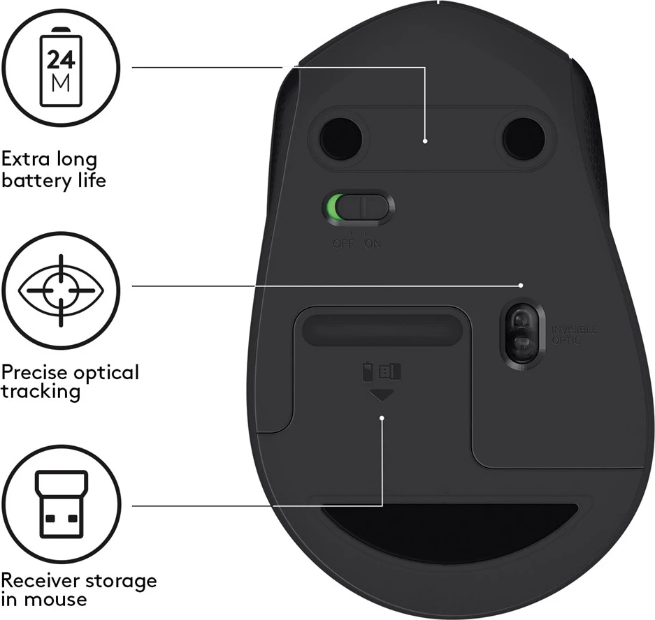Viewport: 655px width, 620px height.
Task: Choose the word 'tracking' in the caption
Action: click(41, 391)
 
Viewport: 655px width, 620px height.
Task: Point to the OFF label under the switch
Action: click(343, 244)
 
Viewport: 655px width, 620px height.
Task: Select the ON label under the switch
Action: click(372, 244)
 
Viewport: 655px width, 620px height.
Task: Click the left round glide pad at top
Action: click(340, 137)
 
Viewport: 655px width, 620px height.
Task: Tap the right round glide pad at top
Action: click(523, 137)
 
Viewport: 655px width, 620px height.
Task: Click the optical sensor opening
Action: click(520, 332)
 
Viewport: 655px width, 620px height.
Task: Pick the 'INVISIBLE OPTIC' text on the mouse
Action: click(575, 334)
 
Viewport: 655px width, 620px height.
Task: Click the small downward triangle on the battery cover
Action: click(382, 395)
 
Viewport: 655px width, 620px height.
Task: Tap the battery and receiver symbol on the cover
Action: click(382, 371)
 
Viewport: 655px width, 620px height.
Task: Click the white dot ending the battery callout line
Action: click(426, 140)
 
